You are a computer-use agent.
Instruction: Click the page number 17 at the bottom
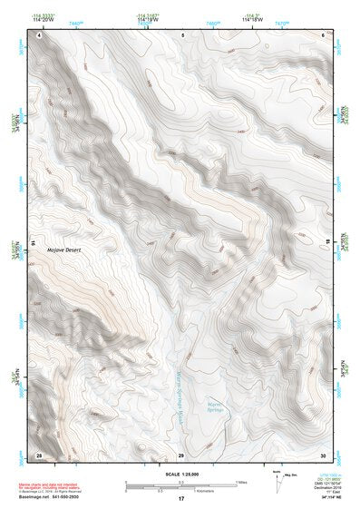click(x=180, y=499)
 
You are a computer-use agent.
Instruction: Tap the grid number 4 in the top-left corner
click(x=39, y=34)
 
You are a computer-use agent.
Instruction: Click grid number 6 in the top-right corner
click(x=324, y=34)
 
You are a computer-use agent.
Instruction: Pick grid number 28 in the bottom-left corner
click(x=39, y=454)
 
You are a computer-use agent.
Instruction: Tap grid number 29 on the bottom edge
click(x=181, y=454)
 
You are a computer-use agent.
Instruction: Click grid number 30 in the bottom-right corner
click(x=323, y=454)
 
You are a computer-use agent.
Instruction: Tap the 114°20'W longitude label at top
click(x=43, y=20)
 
